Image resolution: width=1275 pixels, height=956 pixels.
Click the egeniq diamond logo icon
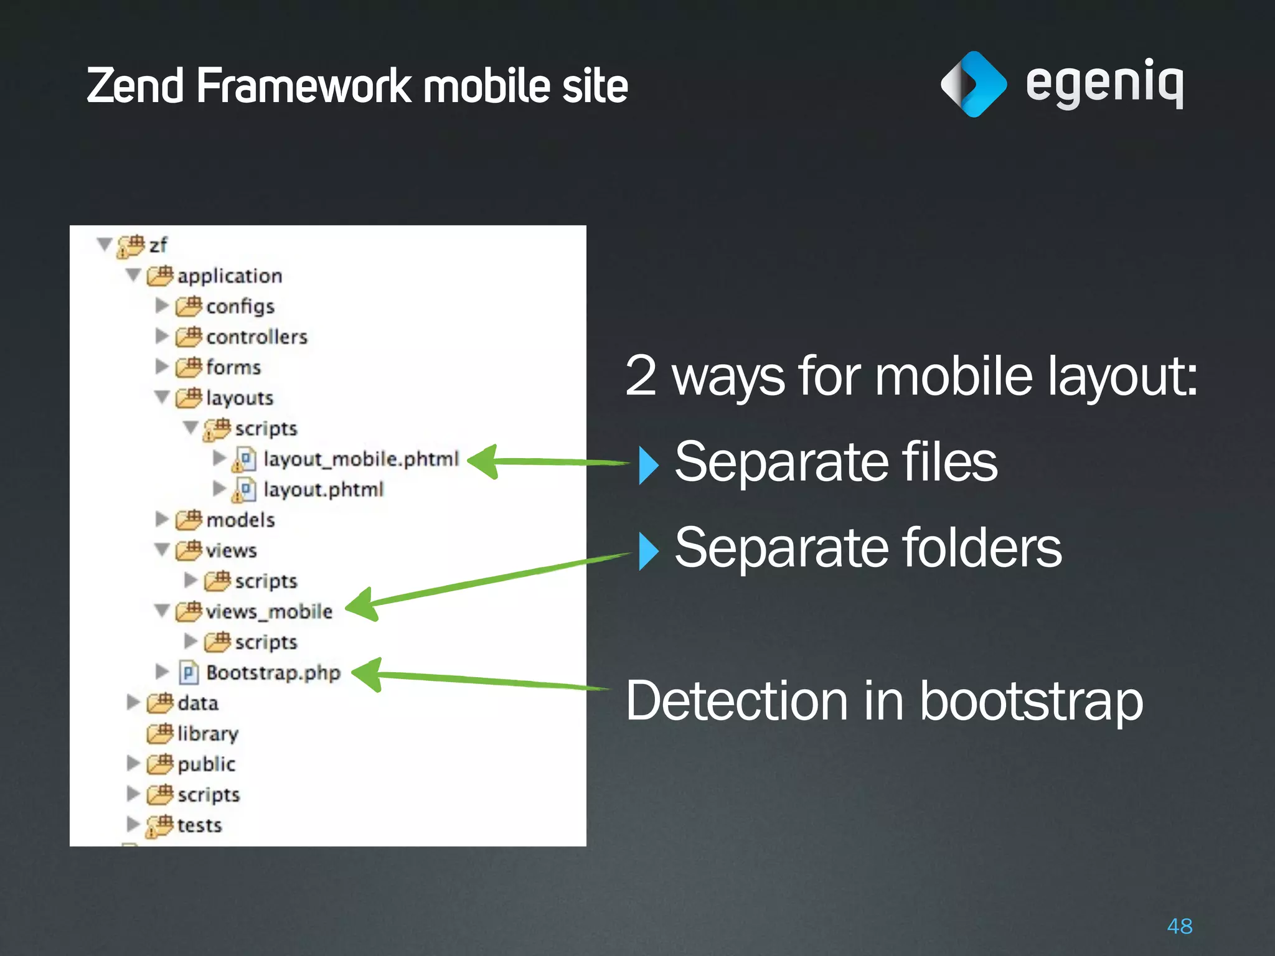pos(973,84)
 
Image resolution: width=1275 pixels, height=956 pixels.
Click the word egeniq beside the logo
pos(1104,84)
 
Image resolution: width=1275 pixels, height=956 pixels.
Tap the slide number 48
pos(1179,926)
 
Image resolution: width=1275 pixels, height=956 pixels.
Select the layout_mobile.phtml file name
pos(361,459)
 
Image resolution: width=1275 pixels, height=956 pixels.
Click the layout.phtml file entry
pos(323,490)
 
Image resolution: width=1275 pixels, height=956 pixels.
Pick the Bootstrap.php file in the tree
pos(273,673)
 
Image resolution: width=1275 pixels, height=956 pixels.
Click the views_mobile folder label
pos(269,612)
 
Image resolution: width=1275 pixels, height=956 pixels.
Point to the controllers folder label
pos(256,337)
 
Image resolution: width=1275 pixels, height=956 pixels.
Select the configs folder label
pos(240,307)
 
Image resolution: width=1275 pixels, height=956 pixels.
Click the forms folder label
pos(233,368)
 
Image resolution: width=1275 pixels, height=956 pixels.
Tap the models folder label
pos(240,520)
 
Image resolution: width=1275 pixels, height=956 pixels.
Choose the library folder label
pos(207,734)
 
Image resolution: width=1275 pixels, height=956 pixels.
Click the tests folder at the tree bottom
pos(199,825)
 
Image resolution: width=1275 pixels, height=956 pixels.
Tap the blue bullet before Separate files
pos(648,465)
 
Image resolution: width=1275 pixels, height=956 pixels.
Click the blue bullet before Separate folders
pos(648,551)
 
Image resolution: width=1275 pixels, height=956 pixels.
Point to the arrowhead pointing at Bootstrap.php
pos(368,674)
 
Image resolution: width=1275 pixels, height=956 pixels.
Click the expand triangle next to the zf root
pos(105,244)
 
